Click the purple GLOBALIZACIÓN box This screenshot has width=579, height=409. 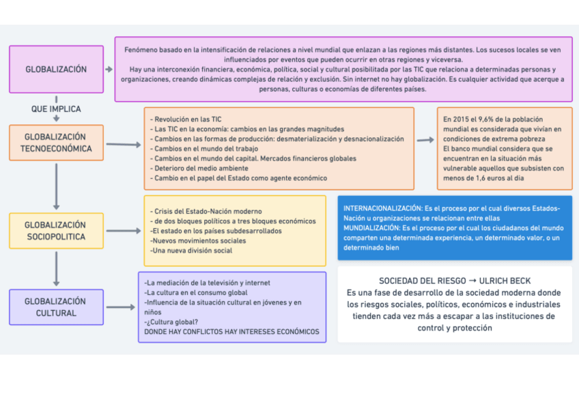(56, 69)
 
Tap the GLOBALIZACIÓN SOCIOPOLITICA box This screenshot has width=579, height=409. (56, 231)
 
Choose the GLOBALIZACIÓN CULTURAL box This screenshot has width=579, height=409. (56, 307)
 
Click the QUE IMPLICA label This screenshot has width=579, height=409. (56, 109)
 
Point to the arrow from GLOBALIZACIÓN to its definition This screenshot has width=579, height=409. (109, 69)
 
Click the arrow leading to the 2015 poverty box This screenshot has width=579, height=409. (425, 140)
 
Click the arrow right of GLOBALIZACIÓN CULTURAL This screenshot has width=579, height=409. (121, 307)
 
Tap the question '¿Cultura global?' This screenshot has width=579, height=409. (171, 322)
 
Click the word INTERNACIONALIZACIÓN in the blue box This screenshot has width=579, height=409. (382, 208)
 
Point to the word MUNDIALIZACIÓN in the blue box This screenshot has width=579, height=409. (372, 227)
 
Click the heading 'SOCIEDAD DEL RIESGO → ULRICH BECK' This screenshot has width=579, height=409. (455, 281)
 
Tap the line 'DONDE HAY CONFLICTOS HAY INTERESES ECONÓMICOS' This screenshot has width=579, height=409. (231, 332)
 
